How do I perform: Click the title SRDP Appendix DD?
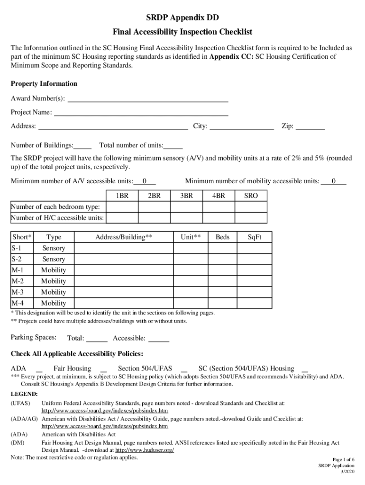pos(182,18)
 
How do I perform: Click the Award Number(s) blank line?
pos(148,99)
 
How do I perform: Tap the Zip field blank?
pos(310,127)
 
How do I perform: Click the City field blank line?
pos(241,127)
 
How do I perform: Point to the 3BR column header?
pos(186,196)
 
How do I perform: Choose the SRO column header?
pos(251,196)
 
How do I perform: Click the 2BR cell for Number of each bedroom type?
pos(154,207)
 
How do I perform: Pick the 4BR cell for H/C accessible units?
pos(219,218)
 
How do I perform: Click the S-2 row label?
pos(17,259)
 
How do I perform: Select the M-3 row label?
pos(18,292)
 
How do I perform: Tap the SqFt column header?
pos(255,237)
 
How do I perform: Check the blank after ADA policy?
pos(39,369)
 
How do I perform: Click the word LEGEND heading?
pos(24,394)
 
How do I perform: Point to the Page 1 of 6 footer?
pos(343,459)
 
